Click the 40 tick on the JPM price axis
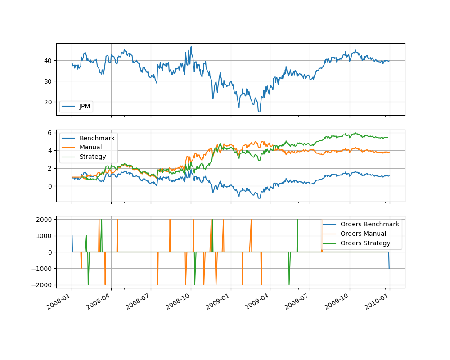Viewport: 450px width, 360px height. tap(47, 61)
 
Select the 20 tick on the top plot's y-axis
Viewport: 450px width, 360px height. tap(47, 102)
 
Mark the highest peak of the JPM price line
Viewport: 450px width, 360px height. tap(191, 46)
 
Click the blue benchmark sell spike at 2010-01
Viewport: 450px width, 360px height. tap(389, 268)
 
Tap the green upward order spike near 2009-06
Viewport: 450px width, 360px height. tap(297, 220)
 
